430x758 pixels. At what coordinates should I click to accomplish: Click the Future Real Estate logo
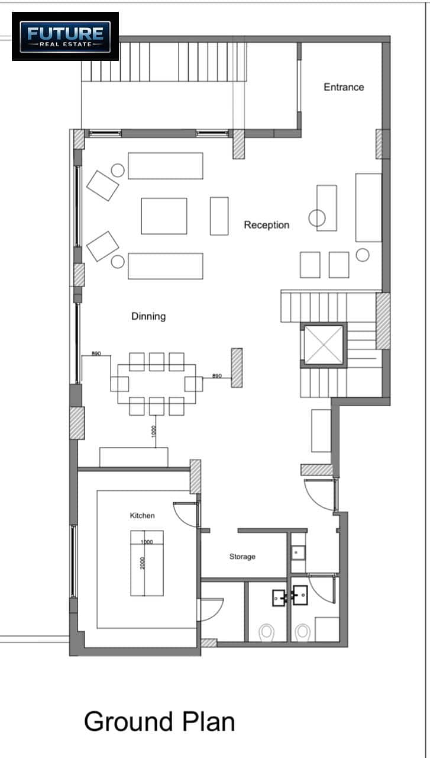[x=65, y=37]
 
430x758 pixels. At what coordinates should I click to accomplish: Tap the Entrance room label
[x=344, y=87]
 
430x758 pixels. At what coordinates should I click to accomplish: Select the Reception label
[x=267, y=225]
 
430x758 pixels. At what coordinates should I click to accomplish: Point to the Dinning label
[x=148, y=316]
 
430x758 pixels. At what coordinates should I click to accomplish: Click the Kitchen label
[x=143, y=515]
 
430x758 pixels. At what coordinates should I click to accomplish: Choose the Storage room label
[x=243, y=556]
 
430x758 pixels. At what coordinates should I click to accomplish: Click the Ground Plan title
[x=159, y=721]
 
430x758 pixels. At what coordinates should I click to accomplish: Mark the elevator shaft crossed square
[x=324, y=345]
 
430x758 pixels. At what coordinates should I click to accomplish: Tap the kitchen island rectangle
[x=147, y=563]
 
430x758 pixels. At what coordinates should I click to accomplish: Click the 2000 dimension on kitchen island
[x=143, y=563]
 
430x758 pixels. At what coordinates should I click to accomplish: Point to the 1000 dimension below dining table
[x=154, y=432]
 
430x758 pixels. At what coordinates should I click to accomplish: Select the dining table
[x=157, y=384]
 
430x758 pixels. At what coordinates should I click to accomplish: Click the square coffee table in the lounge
[x=164, y=216]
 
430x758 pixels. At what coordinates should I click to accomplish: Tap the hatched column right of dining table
[x=237, y=368]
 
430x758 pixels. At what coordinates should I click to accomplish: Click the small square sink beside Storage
[x=298, y=553]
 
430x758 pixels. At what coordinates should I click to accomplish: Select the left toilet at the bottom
[x=266, y=632]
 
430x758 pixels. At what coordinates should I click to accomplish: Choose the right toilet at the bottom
[x=303, y=632]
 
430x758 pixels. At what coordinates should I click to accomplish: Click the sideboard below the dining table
[x=134, y=457]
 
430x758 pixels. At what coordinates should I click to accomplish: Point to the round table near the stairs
[x=363, y=255]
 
